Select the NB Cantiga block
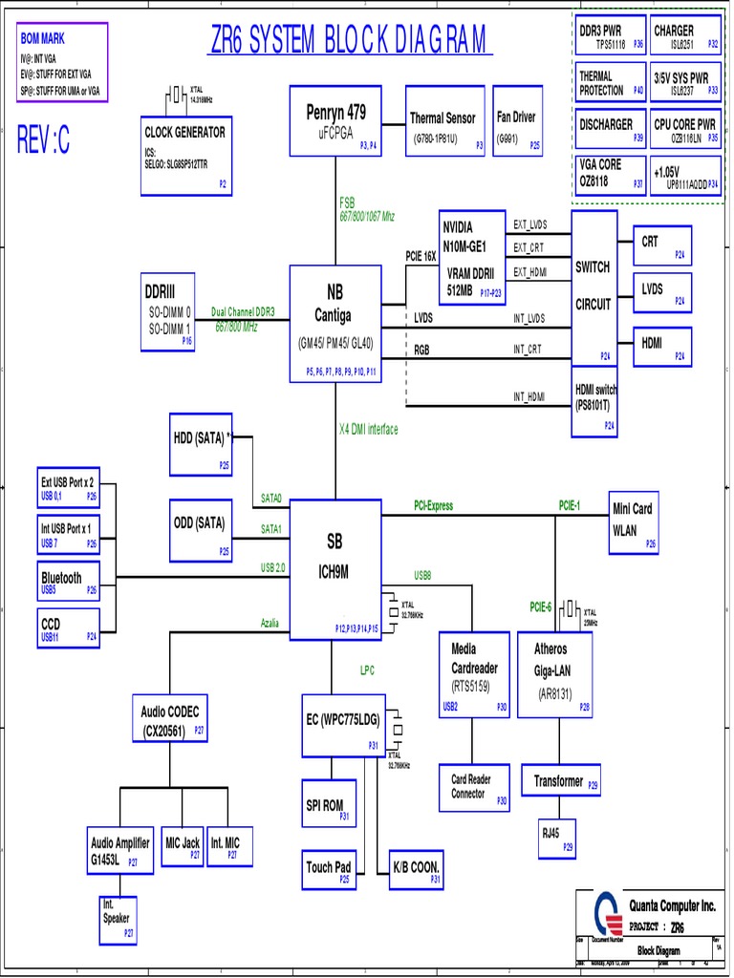[x=335, y=324]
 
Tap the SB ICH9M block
[x=335, y=568]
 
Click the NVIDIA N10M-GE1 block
[x=471, y=256]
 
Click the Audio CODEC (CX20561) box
[x=170, y=721]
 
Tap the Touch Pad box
[x=329, y=869]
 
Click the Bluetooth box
[x=68, y=583]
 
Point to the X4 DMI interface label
[x=368, y=430]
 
